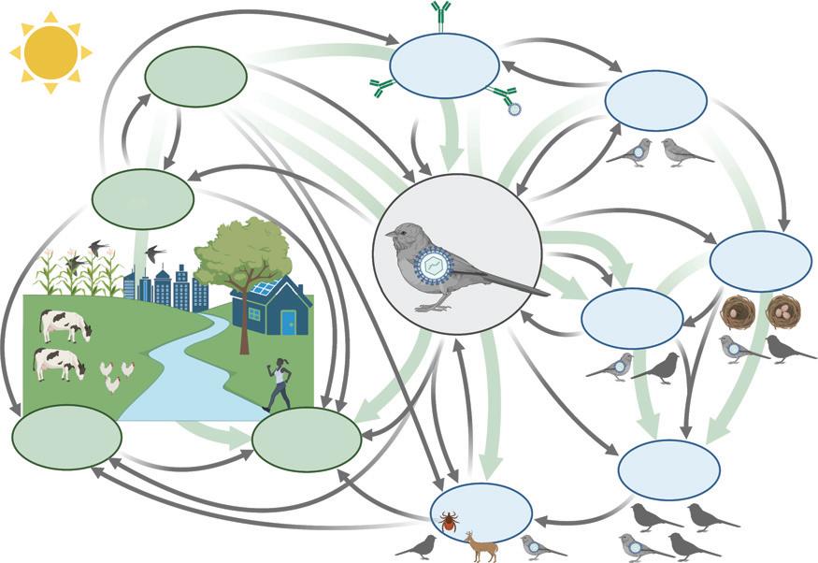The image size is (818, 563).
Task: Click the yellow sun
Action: (51, 51)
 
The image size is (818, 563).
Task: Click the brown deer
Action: (482, 546)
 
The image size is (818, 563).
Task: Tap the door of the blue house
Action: (288, 322)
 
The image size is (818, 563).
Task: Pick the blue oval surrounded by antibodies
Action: (444, 65)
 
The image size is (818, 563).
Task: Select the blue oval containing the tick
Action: (481, 512)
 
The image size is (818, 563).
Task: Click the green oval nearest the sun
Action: (196, 77)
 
